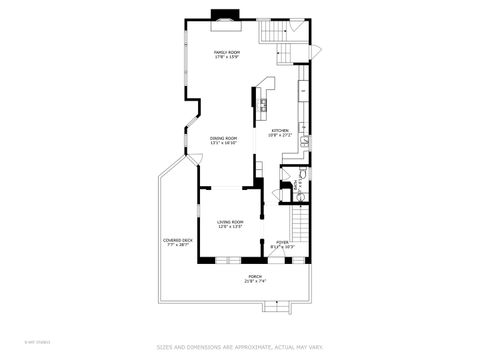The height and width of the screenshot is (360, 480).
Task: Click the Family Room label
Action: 227,52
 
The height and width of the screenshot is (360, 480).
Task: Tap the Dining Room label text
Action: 224,138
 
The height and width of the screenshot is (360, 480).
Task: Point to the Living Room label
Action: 231,222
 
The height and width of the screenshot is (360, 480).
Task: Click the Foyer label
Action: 282,241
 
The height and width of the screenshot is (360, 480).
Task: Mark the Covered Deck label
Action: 178,240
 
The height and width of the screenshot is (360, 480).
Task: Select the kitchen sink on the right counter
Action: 304,142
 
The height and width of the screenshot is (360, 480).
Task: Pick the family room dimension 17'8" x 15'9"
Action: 227,58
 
